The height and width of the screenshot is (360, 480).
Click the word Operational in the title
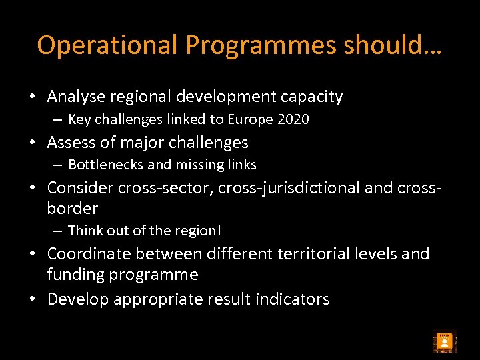(108, 45)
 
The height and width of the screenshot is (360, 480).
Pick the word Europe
(251, 119)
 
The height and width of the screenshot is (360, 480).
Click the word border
(73, 208)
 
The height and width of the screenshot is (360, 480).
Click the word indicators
(292, 299)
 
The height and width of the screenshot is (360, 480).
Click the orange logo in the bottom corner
(444, 342)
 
